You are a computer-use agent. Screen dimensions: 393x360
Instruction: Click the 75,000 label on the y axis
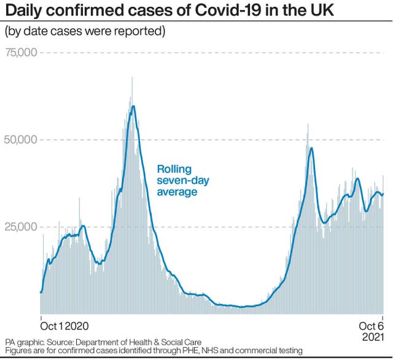21,52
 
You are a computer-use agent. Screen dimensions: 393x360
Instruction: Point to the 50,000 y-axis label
21,139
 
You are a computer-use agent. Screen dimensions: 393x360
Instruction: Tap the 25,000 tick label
21,227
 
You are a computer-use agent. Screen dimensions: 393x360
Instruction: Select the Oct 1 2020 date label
64,326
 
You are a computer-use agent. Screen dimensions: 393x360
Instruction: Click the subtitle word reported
139,31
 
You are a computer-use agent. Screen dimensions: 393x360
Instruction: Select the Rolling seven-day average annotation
183,180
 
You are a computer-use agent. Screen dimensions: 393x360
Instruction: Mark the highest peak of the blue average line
134,106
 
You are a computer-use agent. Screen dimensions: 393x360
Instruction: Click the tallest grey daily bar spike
132,77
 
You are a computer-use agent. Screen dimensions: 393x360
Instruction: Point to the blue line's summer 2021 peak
311,148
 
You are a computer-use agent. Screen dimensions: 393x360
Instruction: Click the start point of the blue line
41,292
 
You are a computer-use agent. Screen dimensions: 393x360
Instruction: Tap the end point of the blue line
383,194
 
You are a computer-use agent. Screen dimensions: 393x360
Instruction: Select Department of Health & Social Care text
138,342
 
